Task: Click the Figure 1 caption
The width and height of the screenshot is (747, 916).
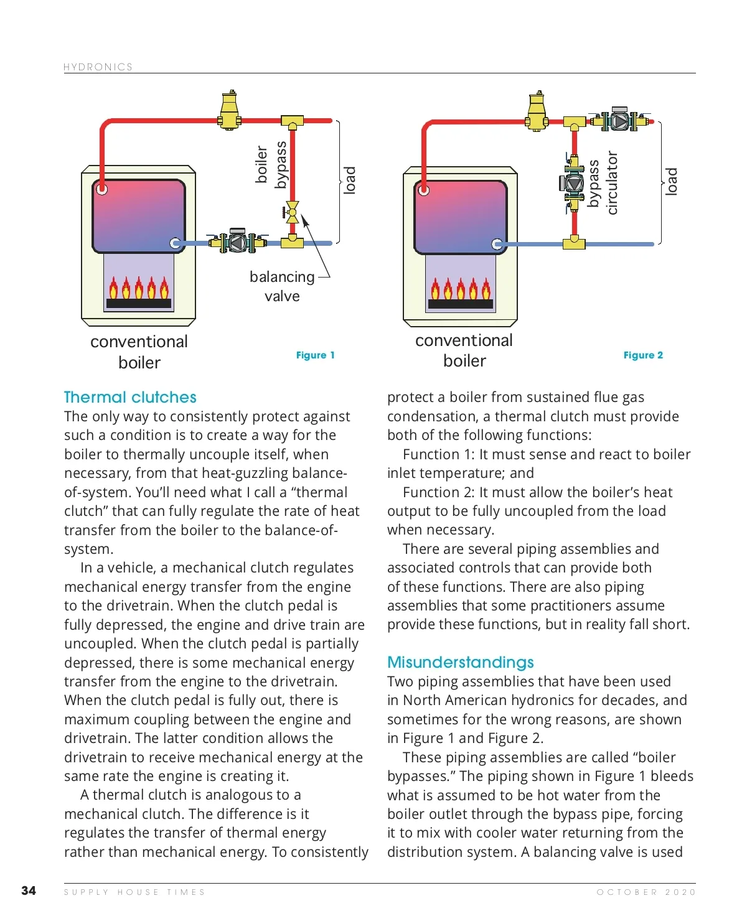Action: [315, 355]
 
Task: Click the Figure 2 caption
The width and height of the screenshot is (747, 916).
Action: [643, 355]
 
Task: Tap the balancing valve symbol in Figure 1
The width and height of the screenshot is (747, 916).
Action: [291, 212]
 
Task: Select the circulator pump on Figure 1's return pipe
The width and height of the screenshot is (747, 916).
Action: [237, 241]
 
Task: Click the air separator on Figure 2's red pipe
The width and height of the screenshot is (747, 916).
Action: [537, 112]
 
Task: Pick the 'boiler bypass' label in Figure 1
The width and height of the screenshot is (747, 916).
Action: [271, 164]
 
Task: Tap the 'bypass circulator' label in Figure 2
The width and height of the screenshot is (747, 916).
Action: [603, 183]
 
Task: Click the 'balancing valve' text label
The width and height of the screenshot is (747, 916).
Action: [282, 286]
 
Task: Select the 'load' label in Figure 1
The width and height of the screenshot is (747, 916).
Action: [350, 180]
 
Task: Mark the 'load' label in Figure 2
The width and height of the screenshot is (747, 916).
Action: [671, 182]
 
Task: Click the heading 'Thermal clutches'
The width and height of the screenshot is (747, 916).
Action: [130, 397]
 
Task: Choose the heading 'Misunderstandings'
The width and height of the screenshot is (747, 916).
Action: [461, 662]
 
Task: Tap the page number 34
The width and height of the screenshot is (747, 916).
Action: [29, 890]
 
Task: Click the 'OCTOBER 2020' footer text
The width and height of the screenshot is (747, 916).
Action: [646, 892]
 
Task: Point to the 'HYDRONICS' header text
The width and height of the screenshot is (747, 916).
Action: [98, 67]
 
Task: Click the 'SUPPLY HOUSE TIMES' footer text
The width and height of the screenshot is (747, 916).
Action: [134, 892]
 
